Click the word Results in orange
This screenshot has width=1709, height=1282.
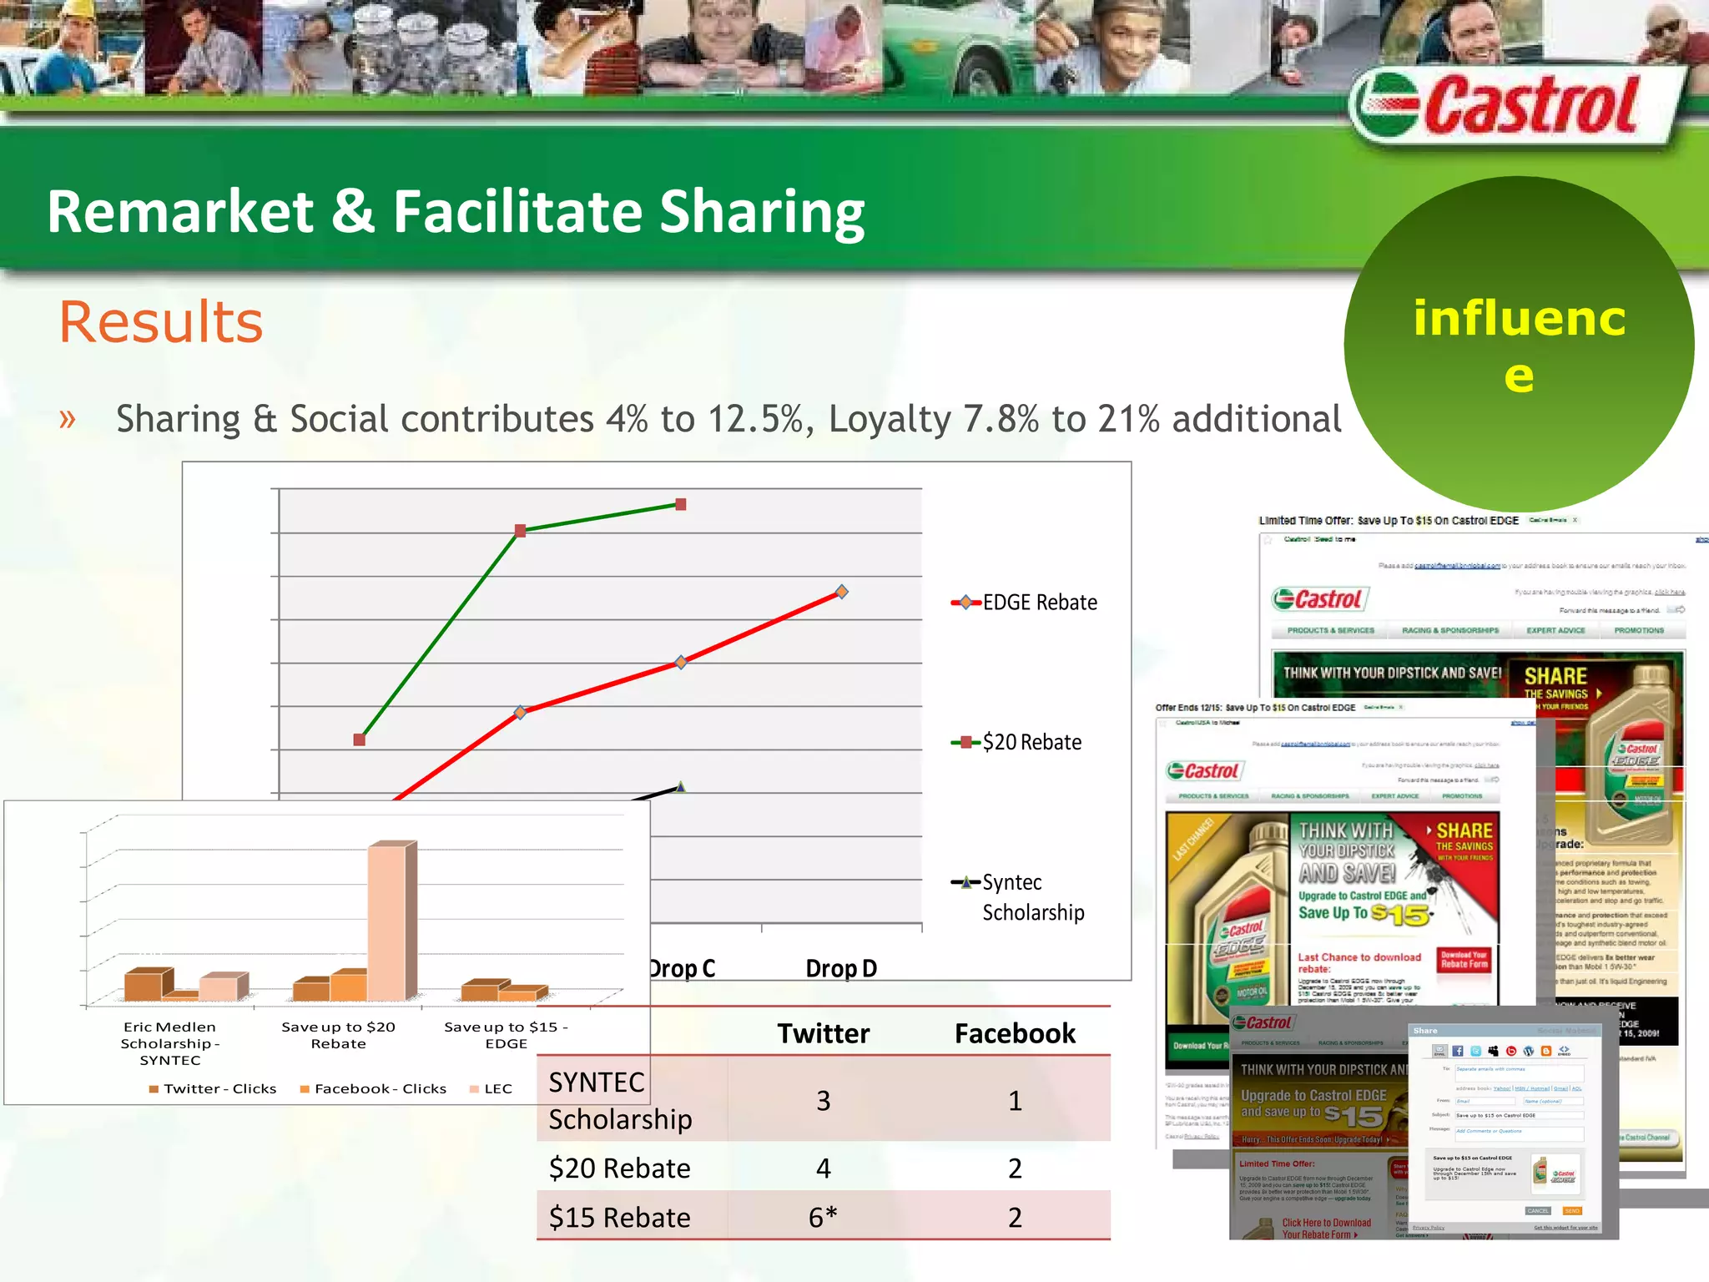pos(161,322)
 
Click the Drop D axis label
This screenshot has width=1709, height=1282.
pos(841,968)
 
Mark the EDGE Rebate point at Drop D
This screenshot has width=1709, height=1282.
pos(842,592)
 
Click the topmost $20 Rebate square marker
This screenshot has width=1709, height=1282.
pos(681,504)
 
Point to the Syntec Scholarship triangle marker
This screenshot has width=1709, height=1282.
pos(681,786)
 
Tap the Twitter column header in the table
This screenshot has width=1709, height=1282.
pos(823,1033)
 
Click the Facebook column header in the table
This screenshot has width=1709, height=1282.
pos(1015,1033)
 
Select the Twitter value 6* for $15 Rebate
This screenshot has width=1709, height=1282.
pos(823,1217)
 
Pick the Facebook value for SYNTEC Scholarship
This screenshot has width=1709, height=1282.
pos(1015,1100)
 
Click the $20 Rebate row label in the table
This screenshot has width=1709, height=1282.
pos(619,1168)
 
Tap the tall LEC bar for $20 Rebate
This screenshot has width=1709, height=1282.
pos(390,918)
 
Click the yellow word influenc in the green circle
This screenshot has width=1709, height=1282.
pos(1520,318)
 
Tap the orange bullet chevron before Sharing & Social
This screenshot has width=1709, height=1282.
pos(68,418)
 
